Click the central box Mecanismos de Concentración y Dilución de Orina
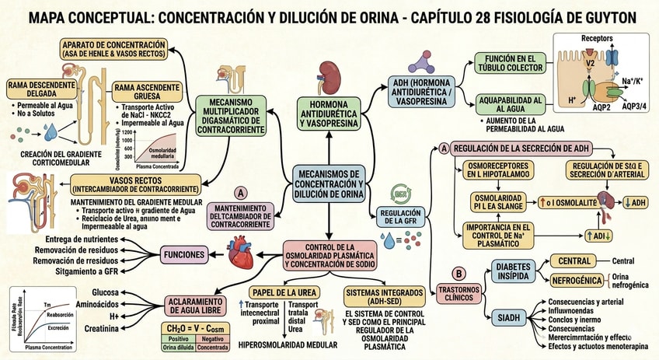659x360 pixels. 329,185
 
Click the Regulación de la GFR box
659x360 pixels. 399,215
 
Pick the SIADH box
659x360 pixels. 507,317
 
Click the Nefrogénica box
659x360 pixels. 577,280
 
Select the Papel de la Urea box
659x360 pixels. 283,292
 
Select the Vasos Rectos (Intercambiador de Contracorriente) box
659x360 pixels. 135,184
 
